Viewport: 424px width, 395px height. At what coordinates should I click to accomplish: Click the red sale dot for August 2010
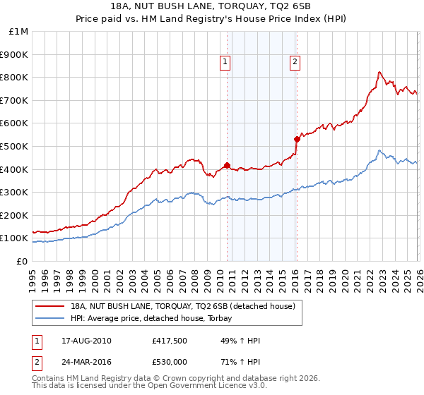pos(227,166)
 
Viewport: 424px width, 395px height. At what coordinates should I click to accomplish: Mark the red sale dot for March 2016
pos(297,140)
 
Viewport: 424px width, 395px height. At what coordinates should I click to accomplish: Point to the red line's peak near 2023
pos(379,72)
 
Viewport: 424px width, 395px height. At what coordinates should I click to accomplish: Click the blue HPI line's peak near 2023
pos(379,150)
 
